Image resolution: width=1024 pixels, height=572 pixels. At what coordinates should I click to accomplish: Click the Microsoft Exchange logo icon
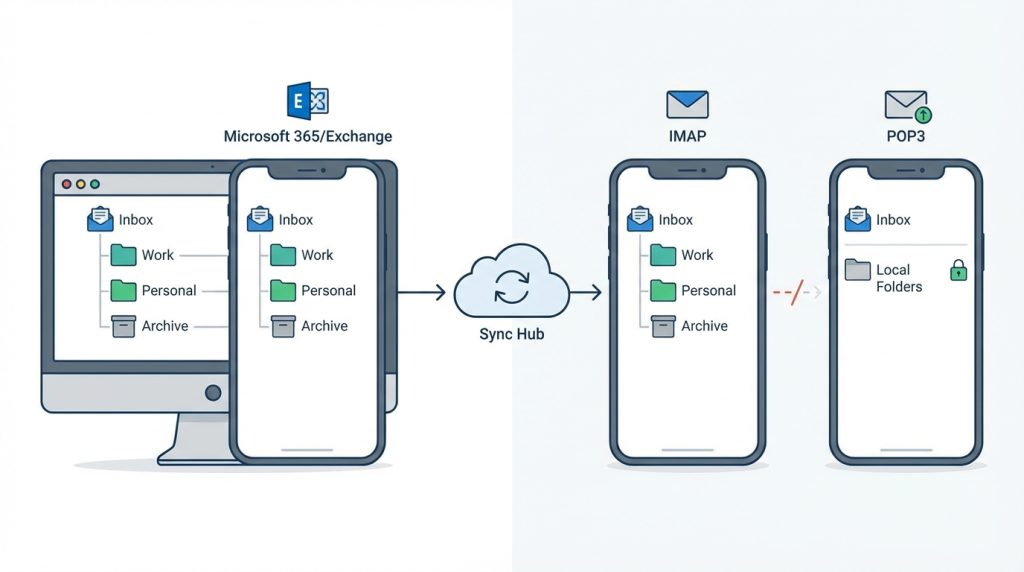[307, 101]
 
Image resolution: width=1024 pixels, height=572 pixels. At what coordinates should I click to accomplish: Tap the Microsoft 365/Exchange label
[308, 136]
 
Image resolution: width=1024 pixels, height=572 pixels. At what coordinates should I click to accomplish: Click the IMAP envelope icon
[687, 104]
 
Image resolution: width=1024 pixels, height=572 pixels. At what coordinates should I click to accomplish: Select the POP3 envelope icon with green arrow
[906, 105]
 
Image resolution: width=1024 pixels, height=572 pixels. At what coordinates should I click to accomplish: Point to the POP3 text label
[905, 135]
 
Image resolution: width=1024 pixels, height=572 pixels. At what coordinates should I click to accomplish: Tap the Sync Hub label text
[511, 332]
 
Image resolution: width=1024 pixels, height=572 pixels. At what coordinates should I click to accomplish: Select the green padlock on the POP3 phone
[958, 270]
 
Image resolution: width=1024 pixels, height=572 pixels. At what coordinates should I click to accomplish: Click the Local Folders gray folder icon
[858, 270]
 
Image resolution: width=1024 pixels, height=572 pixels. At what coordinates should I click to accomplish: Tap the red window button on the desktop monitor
[67, 185]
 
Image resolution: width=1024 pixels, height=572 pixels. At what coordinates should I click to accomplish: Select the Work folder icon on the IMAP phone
[663, 255]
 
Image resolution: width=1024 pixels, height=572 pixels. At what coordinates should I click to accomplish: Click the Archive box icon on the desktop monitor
[123, 326]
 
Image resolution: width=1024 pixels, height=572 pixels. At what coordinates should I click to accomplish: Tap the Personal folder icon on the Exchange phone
[283, 291]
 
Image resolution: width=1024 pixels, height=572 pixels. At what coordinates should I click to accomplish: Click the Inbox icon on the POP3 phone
[857, 219]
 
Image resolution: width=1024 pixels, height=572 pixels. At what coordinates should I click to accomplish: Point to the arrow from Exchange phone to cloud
[420, 292]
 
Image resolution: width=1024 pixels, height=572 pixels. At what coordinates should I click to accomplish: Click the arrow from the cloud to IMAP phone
[586, 292]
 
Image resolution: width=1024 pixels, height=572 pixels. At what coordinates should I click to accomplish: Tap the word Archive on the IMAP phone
[704, 326]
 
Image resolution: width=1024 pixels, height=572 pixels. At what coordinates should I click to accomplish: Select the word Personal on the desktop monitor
[169, 291]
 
